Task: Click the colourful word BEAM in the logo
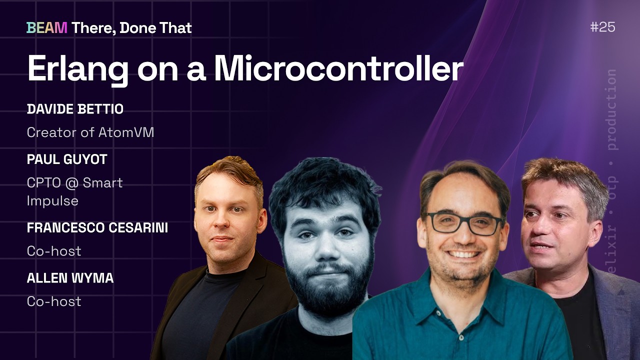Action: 47,28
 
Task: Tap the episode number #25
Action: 602,27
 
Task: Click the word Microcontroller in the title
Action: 338,68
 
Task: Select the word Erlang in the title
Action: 77,70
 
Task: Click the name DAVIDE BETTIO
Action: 75,109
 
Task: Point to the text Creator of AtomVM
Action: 90,132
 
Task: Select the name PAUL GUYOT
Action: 67,159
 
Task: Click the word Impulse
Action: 52,201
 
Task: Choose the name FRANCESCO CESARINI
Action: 97,227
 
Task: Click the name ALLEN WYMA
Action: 70,278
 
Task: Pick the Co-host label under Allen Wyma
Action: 54,301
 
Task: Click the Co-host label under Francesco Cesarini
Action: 54,251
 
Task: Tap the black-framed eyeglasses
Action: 463,223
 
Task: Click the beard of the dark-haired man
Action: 328,288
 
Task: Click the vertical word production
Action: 611,109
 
